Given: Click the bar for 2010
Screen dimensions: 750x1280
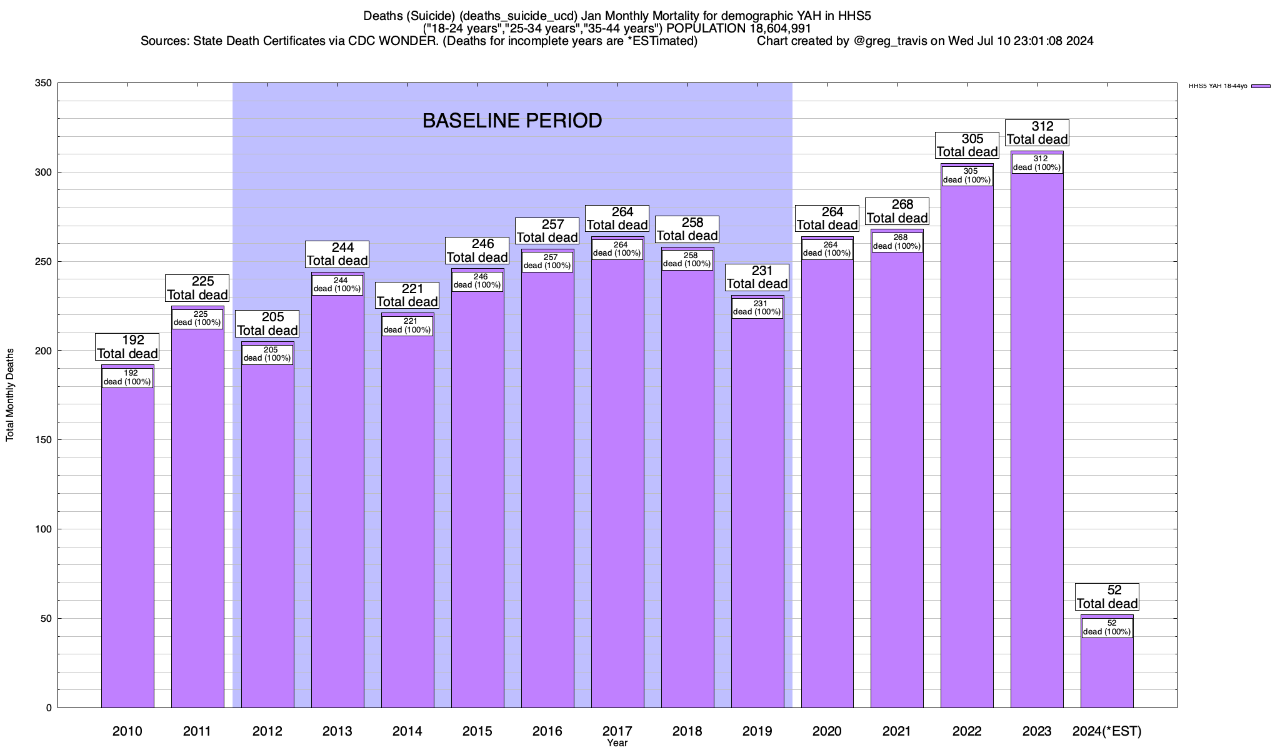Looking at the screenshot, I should (127, 544).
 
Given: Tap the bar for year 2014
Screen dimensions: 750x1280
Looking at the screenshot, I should (407, 519).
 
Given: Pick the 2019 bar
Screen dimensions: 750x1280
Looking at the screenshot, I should (757, 512).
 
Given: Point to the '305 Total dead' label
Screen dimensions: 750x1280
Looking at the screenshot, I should (967, 146).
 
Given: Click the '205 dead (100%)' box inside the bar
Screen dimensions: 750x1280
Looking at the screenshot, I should (267, 354).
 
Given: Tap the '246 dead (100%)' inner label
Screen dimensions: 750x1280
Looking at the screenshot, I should (477, 281).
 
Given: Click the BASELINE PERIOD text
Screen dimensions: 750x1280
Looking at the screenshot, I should (512, 121).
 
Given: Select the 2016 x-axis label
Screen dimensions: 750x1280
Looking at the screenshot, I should (547, 731).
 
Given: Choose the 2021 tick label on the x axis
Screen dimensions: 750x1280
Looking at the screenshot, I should (897, 731).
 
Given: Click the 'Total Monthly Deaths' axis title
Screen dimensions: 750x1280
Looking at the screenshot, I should (10, 395).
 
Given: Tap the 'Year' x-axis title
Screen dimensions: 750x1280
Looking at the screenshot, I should (617, 743).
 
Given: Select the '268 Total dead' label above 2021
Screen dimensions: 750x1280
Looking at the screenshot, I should (897, 211).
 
